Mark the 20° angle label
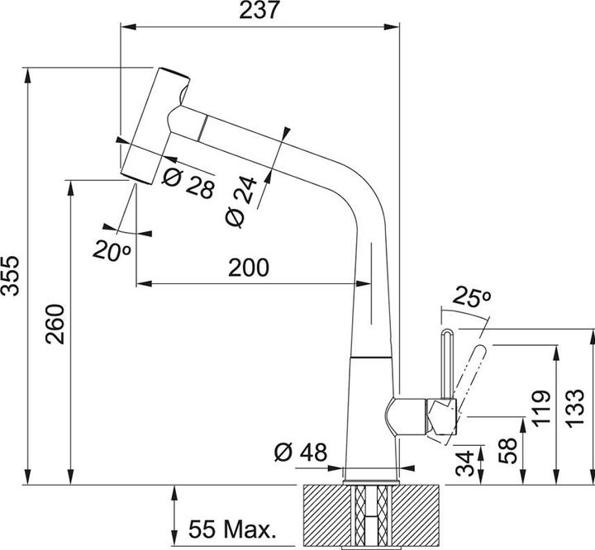point(112,249)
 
